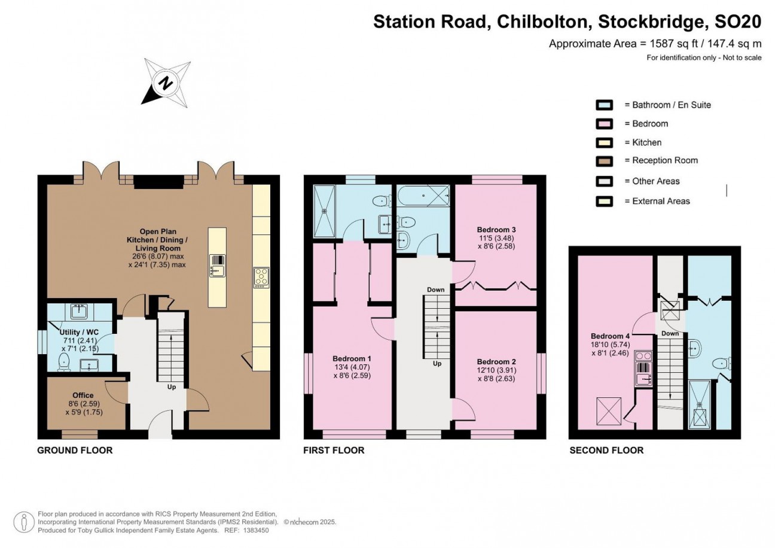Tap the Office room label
tap(83, 395)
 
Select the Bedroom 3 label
tap(496, 229)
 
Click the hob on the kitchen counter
tap(261, 278)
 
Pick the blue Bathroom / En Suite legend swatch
tap(604, 105)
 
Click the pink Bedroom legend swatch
tap(604, 124)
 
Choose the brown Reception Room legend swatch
tap(604, 161)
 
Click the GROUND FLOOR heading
tap(75, 450)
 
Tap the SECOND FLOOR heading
tap(606, 450)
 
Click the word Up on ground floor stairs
tap(171, 387)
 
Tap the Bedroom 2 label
tap(496, 362)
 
